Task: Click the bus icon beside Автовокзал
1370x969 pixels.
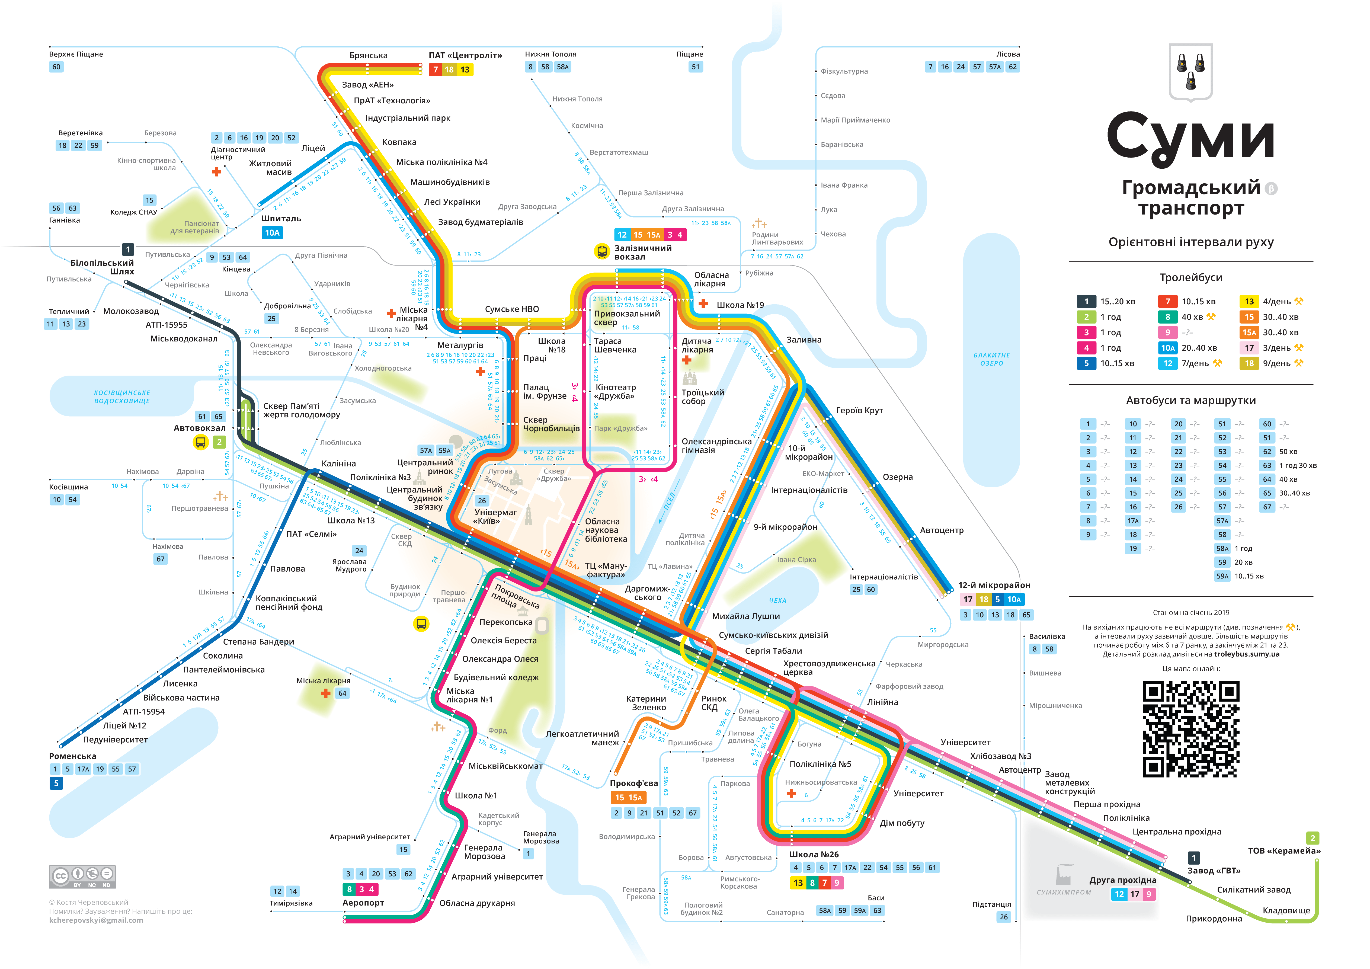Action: point(200,442)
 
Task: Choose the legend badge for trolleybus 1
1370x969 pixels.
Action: point(1086,301)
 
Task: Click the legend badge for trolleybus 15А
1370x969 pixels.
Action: point(1249,332)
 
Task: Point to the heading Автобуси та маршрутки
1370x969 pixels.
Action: point(1190,400)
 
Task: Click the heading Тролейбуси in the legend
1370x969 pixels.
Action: point(1190,277)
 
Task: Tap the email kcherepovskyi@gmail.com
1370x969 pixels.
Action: point(96,920)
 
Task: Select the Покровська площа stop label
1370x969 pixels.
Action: point(516,597)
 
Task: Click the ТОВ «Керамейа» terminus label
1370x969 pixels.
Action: point(1284,851)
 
